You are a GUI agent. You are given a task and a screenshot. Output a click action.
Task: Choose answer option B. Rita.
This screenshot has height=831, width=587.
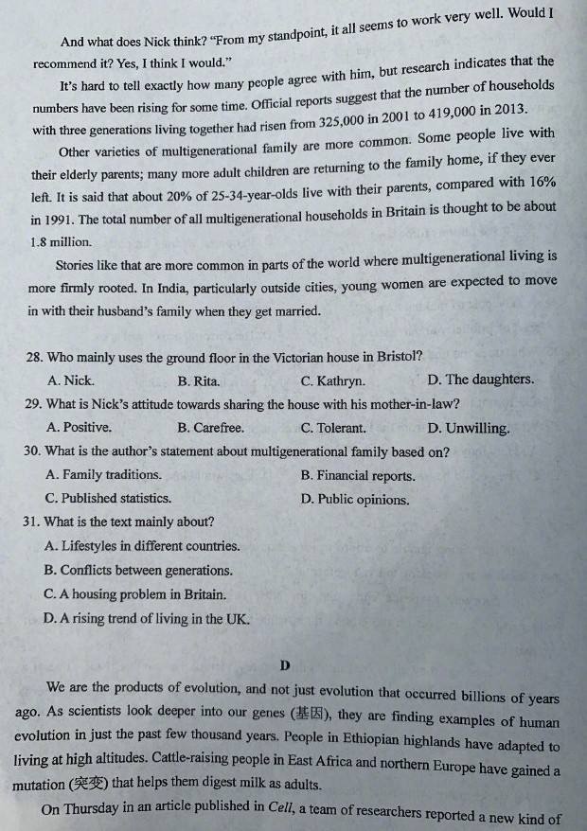click(199, 381)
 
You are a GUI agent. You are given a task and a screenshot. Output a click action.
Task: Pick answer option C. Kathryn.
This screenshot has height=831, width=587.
click(332, 381)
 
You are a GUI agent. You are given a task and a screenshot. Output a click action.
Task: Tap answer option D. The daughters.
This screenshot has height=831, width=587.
click(480, 380)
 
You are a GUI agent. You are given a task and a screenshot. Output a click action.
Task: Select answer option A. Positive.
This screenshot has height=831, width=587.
click(79, 427)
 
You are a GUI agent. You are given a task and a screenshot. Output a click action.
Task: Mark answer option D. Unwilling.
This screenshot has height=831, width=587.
click(468, 428)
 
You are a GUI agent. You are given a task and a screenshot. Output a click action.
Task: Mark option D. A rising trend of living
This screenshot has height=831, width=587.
click(147, 619)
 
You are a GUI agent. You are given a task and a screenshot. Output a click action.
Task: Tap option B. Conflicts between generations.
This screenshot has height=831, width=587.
click(138, 571)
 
